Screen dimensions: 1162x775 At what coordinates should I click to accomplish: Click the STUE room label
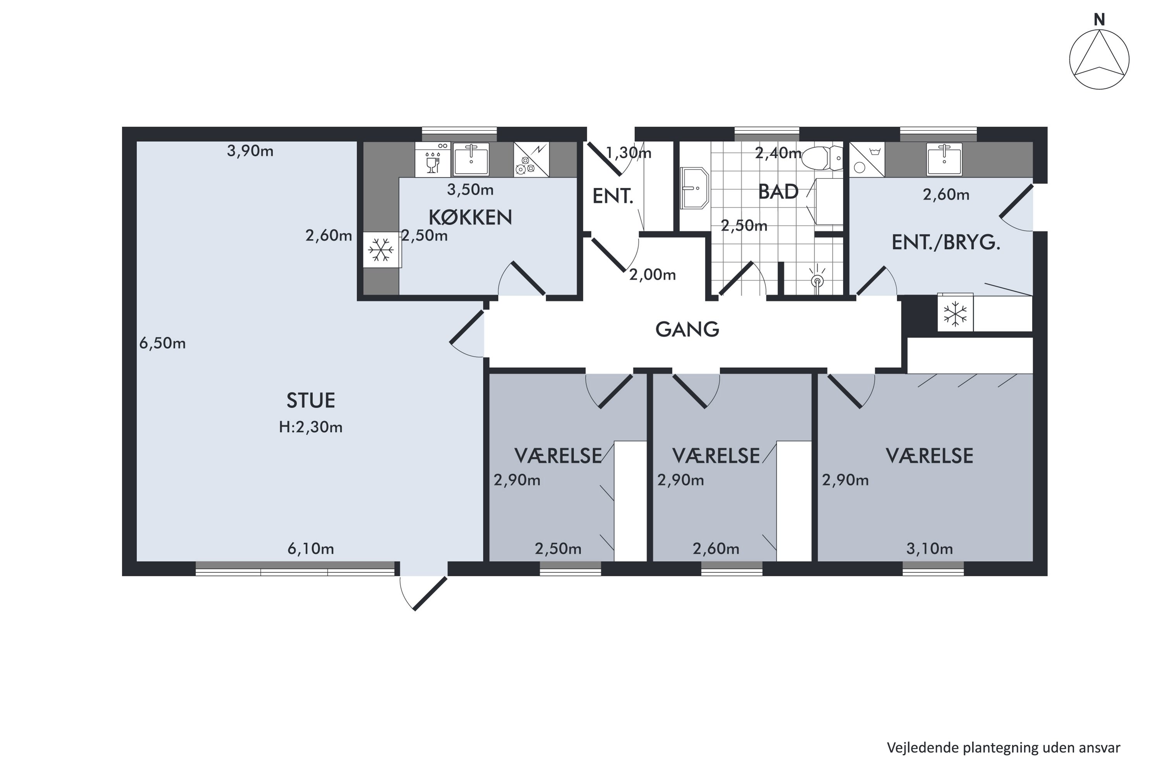click(311, 400)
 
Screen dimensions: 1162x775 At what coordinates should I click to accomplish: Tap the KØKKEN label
click(470, 217)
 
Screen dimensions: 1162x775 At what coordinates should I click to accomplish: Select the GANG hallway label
click(687, 329)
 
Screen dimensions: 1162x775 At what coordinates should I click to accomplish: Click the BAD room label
click(778, 192)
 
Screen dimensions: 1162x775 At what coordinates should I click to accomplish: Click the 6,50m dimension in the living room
click(163, 343)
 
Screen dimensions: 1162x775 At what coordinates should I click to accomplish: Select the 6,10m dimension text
click(311, 549)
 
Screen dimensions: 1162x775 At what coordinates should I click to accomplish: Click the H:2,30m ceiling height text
click(311, 427)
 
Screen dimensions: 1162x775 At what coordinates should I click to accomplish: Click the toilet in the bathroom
click(823, 158)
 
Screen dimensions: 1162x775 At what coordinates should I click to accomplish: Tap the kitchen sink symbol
click(471, 159)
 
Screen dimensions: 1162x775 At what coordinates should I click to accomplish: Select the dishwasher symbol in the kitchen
click(432, 159)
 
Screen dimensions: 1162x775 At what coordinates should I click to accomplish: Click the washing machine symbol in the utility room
click(867, 159)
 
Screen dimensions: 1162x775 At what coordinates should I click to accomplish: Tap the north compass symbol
click(1099, 59)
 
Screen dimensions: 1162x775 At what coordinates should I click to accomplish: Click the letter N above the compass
click(1099, 20)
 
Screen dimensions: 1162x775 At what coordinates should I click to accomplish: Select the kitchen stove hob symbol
click(531, 159)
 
